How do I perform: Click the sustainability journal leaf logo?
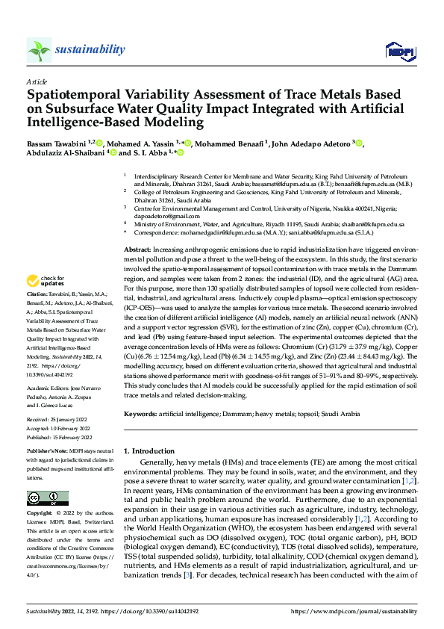coord(39,51)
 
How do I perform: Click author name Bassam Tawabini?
coord(56,143)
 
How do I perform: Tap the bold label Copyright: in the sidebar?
coord(43,514)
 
